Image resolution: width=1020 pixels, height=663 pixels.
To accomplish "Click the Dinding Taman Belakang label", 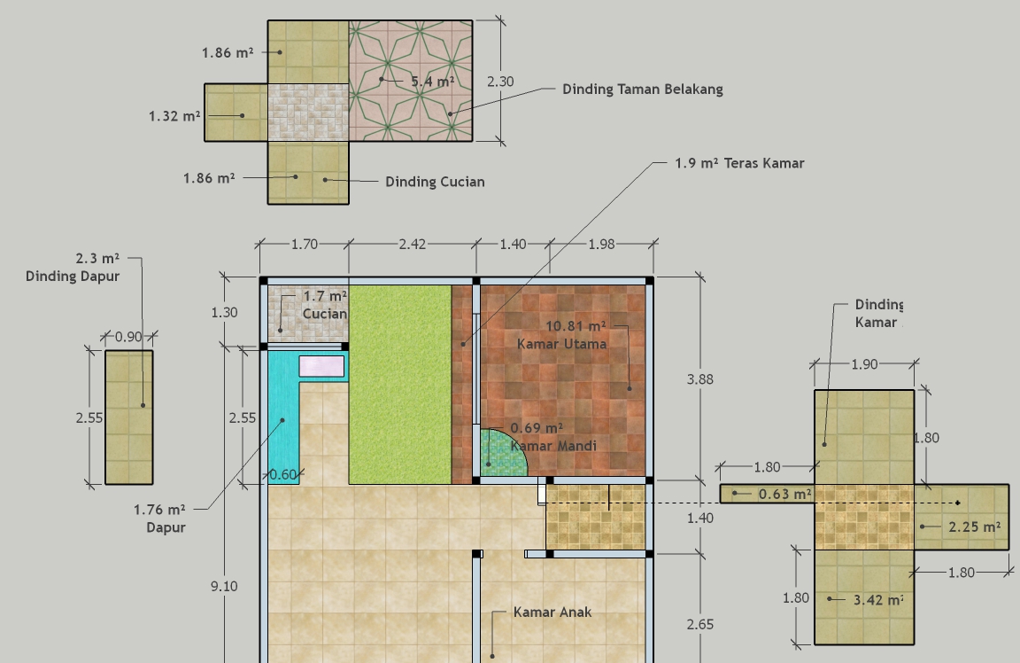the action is (x=643, y=90).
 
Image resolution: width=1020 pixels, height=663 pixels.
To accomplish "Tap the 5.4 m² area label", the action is (x=433, y=82).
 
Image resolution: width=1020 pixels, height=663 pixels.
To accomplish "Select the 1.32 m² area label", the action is (x=174, y=116).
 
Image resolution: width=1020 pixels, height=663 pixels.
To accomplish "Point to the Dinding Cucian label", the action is (x=435, y=182).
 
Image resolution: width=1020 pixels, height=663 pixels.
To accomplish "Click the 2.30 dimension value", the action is (x=500, y=82).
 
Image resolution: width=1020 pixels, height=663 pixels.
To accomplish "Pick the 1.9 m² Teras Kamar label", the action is (x=739, y=163).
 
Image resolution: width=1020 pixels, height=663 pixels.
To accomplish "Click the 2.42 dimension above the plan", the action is (x=413, y=245).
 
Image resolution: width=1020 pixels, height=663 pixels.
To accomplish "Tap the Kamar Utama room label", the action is (x=562, y=344).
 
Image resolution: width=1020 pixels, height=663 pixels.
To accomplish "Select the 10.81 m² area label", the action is (x=576, y=325).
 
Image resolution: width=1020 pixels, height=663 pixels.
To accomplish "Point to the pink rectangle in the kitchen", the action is (x=321, y=366).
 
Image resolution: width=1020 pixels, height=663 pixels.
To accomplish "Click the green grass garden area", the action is (x=400, y=385).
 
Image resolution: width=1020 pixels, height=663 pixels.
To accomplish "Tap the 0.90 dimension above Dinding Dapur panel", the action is (x=128, y=337).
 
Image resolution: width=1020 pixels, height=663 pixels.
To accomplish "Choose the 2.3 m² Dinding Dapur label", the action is (x=73, y=267).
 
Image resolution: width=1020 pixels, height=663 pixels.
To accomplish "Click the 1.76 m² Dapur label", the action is (x=159, y=519).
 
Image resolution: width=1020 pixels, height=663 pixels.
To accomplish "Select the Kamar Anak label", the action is (x=552, y=612).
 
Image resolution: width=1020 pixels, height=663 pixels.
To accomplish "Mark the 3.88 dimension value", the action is (x=700, y=379).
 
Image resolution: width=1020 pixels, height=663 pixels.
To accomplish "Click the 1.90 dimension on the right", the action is (x=864, y=364).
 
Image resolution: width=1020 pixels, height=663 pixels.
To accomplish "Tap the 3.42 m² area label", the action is (x=878, y=600).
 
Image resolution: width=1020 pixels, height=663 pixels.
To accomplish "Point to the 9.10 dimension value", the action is (x=224, y=586).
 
